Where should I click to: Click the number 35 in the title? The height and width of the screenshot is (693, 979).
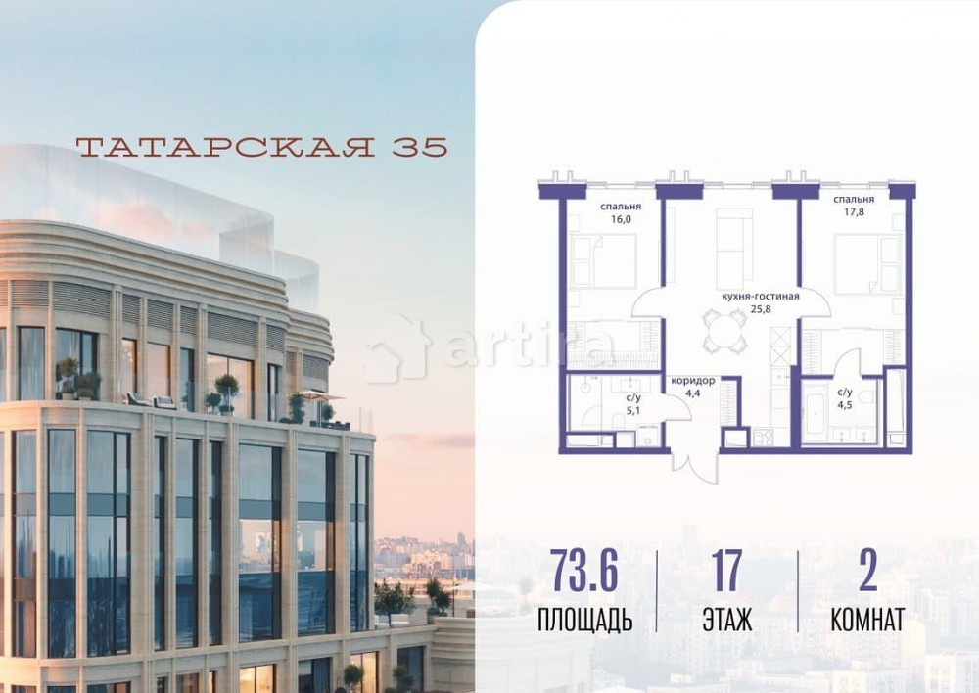(420, 147)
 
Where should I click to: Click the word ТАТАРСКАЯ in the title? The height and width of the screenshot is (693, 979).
(224, 147)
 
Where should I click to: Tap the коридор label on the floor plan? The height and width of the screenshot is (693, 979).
(691, 381)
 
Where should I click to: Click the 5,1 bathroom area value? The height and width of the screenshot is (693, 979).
(632, 411)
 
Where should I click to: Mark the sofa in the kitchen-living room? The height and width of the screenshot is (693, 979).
(733, 251)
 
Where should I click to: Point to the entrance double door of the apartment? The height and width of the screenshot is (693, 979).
(694, 465)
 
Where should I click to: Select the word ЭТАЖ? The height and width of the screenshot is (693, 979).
(726, 620)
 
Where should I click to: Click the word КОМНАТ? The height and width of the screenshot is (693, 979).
(866, 620)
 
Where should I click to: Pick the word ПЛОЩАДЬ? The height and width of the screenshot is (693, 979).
(584, 620)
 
